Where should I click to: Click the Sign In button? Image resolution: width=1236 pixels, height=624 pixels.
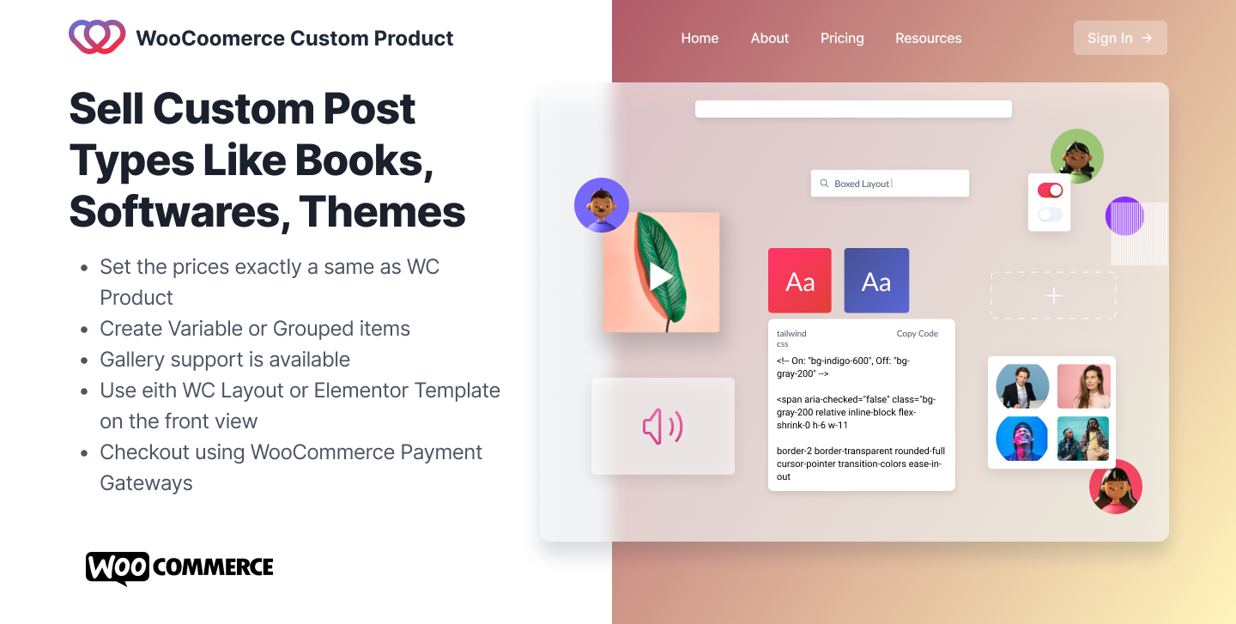click(x=1119, y=38)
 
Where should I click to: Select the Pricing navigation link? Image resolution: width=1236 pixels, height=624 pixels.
click(x=842, y=38)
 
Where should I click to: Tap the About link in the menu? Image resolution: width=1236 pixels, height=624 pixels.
click(x=769, y=38)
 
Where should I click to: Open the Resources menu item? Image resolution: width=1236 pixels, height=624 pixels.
click(x=928, y=38)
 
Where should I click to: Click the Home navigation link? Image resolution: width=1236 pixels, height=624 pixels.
click(x=700, y=38)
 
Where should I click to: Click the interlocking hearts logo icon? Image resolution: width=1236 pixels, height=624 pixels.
click(x=97, y=37)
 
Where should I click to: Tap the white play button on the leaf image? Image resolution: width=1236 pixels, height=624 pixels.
click(x=661, y=276)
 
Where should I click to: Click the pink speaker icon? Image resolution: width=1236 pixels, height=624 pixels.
click(x=663, y=427)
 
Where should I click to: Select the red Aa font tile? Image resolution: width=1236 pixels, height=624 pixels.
click(x=799, y=281)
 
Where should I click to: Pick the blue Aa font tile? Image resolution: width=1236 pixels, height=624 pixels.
click(x=875, y=281)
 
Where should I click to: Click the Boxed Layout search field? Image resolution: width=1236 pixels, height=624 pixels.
click(x=889, y=184)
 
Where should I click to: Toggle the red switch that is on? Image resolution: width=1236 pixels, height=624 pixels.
click(x=1050, y=191)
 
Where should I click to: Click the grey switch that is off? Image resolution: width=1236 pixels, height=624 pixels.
click(x=1050, y=215)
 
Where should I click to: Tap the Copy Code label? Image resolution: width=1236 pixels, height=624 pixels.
click(x=917, y=334)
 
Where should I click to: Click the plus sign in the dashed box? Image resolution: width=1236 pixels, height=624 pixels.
click(x=1053, y=296)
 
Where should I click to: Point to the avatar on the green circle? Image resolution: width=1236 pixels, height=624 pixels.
click(x=1076, y=156)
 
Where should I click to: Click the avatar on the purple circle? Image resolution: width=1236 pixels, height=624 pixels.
click(x=601, y=205)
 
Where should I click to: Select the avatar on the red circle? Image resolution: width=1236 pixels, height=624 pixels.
click(x=1115, y=487)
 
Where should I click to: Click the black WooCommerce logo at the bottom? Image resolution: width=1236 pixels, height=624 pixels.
click(x=179, y=567)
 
